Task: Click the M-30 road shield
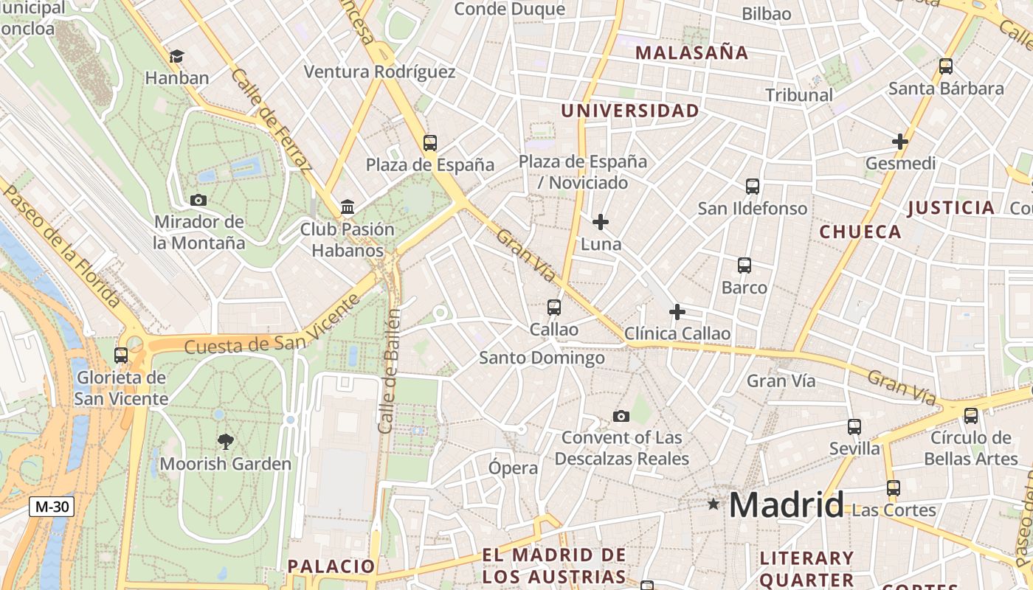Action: [52, 507]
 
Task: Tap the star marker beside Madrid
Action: [713, 504]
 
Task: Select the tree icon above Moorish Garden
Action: [226, 442]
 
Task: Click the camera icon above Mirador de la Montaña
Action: [198, 200]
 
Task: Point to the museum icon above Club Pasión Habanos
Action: [348, 207]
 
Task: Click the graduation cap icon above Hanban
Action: [176, 56]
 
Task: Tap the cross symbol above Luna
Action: [601, 221]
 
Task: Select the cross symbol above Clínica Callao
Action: [677, 312]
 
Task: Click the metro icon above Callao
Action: [553, 308]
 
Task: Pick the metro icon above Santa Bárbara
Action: [946, 66]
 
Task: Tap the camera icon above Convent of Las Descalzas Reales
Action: [621, 416]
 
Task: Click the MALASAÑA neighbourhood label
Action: [691, 52]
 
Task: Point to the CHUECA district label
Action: [860, 232]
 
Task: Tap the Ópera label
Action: [514, 468]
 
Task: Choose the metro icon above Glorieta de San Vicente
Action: [121, 355]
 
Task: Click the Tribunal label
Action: [799, 95]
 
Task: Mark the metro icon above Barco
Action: [744, 265]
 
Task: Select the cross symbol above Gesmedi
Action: [900, 141]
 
